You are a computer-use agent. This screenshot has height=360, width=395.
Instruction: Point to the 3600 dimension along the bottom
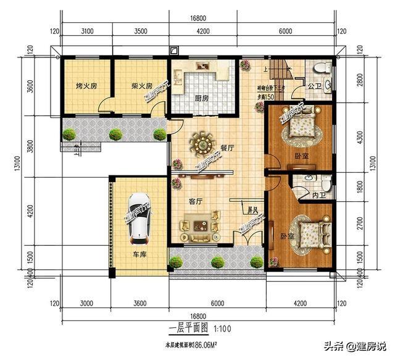click(x=139, y=303)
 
